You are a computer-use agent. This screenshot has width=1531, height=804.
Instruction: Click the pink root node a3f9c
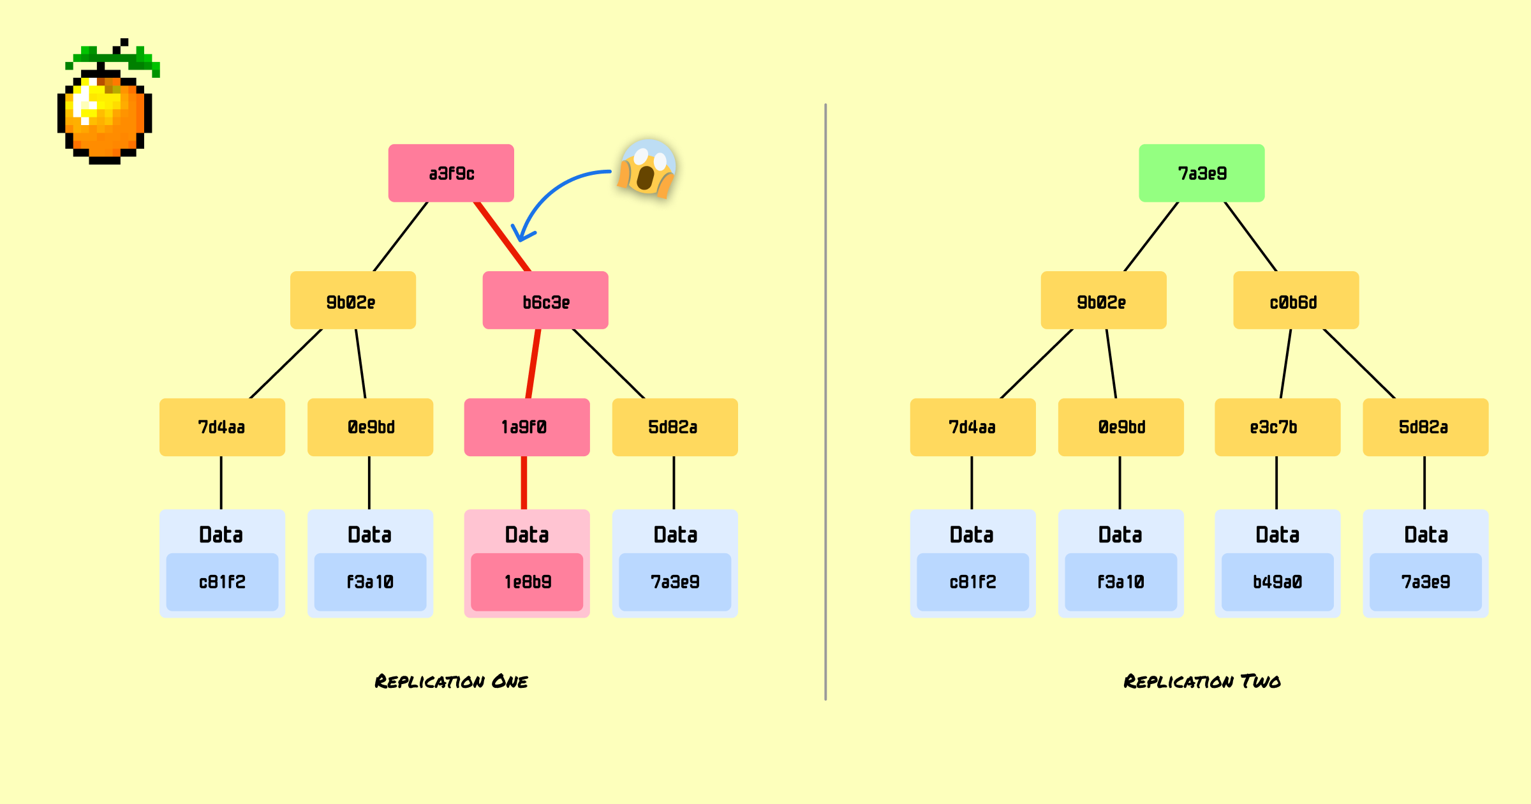451,173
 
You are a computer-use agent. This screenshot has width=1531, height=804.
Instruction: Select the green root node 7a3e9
1202,173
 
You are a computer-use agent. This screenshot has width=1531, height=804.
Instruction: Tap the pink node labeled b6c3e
545,301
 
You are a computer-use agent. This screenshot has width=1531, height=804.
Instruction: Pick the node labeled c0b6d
1296,301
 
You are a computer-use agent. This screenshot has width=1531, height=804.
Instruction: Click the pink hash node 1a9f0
527,427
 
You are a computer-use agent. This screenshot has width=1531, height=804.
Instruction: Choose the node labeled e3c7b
1277,427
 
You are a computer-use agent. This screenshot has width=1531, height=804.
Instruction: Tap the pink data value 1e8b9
527,582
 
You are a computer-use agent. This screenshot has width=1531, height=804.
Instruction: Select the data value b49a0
1277,582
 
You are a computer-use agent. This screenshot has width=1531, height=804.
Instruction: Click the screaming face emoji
647,168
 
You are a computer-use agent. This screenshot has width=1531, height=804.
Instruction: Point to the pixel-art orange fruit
105,118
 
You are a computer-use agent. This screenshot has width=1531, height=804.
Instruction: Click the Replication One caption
451,681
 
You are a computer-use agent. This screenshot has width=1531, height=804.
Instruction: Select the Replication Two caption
1202,681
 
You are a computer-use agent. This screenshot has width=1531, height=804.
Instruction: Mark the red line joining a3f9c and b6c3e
503,237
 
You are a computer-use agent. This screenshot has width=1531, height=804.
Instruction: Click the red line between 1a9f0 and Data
524,482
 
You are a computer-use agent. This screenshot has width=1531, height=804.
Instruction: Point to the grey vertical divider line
825,402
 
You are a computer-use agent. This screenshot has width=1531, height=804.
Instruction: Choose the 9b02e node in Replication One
353,301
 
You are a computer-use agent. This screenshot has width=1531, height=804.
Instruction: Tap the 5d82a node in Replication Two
1425,427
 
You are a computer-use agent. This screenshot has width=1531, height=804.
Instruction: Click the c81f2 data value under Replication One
222,582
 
